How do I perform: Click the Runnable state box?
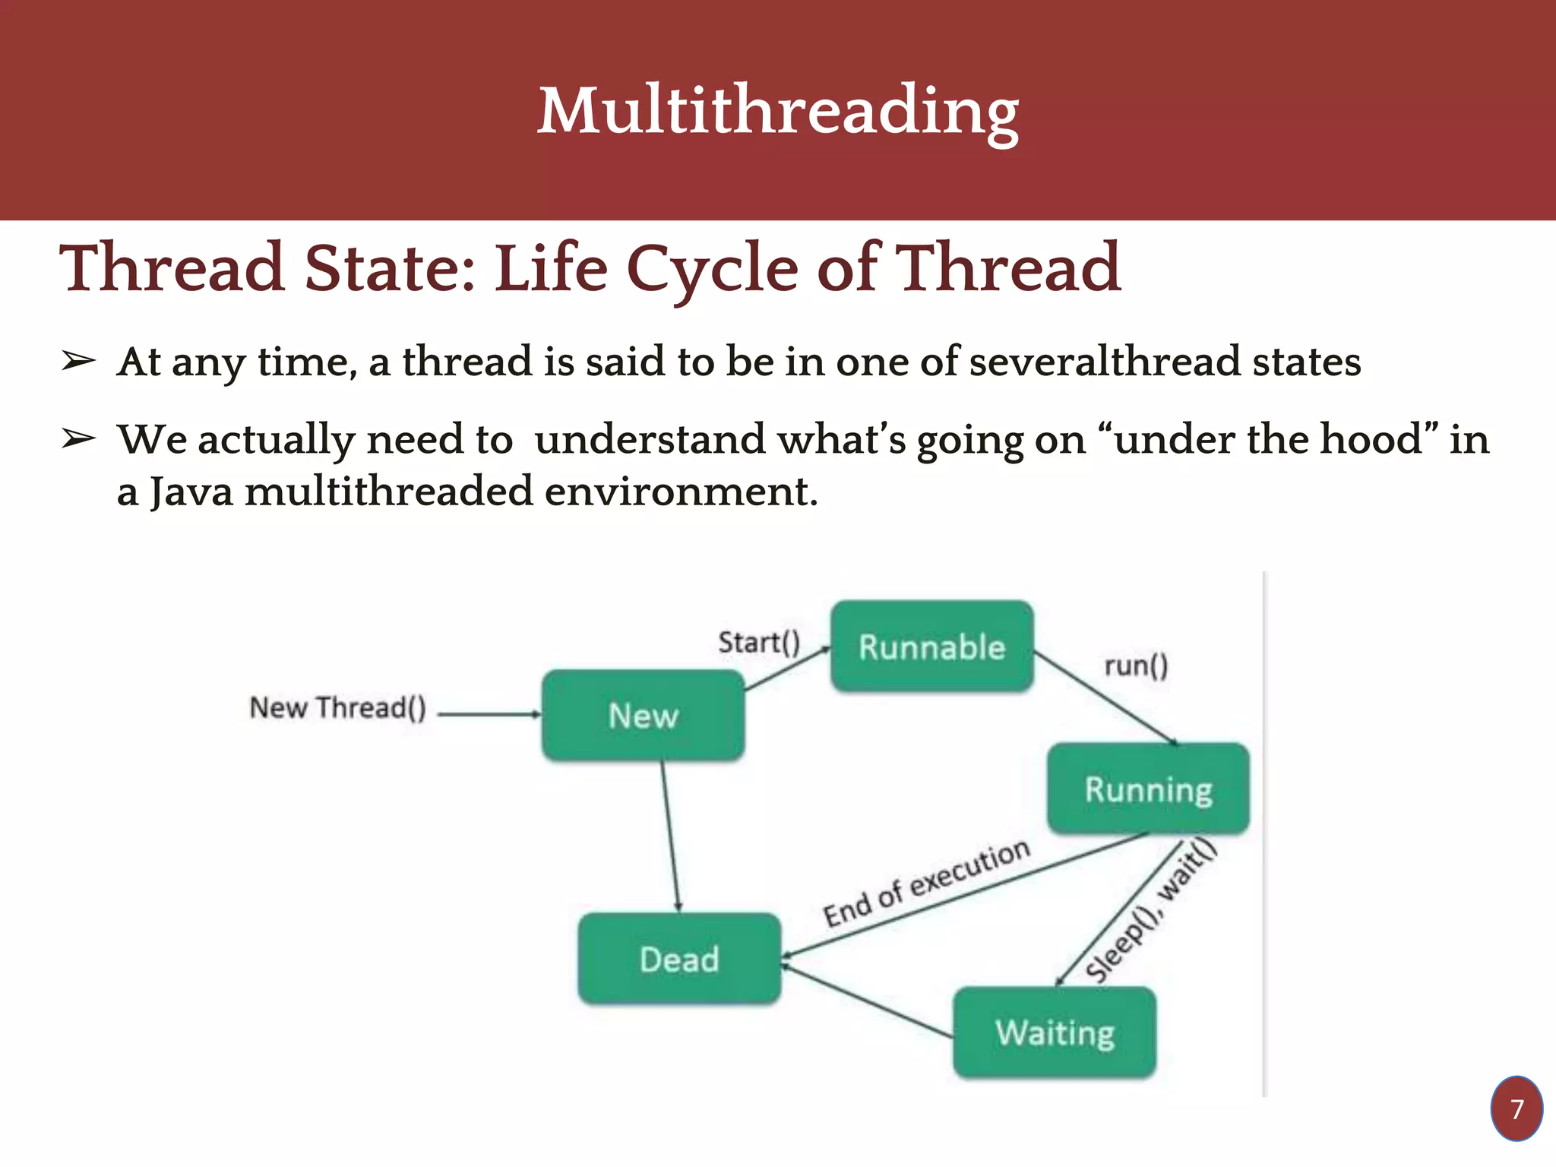click(x=931, y=647)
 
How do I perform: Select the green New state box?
click(x=643, y=715)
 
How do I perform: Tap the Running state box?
click(x=1147, y=789)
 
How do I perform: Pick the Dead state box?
click(x=678, y=959)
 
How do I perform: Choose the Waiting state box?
click(x=1055, y=1033)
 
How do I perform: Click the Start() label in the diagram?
click(x=758, y=642)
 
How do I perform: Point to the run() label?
click(x=1136, y=666)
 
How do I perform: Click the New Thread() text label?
click(x=337, y=707)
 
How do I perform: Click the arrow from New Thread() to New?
click(x=489, y=714)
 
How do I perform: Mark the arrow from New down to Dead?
click(x=670, y=836)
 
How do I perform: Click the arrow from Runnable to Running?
click(x=1105, y=697)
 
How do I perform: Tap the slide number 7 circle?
click(x=1516, y=1108)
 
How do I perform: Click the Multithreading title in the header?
click(x=777, y=111)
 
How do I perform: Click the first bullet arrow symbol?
click(x=78, y=362)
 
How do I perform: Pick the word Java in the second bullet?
click(x=191, y=492)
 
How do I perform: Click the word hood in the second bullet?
click(x=1371, y=439)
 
